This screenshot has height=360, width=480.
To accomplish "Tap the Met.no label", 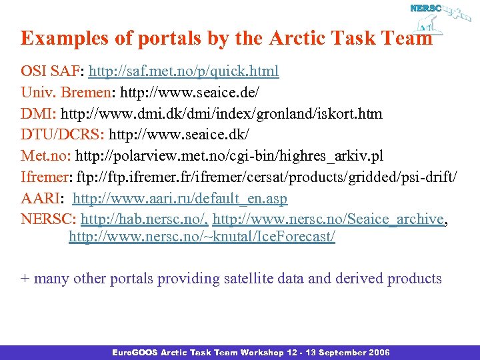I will (45, 156).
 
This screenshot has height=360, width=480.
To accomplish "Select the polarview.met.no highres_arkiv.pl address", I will (229, 156).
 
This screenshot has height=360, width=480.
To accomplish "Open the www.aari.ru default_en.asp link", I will (180, 199).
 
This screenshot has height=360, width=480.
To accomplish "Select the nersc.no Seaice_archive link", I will (328, 220).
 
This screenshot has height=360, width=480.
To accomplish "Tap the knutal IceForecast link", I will (201, 237).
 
